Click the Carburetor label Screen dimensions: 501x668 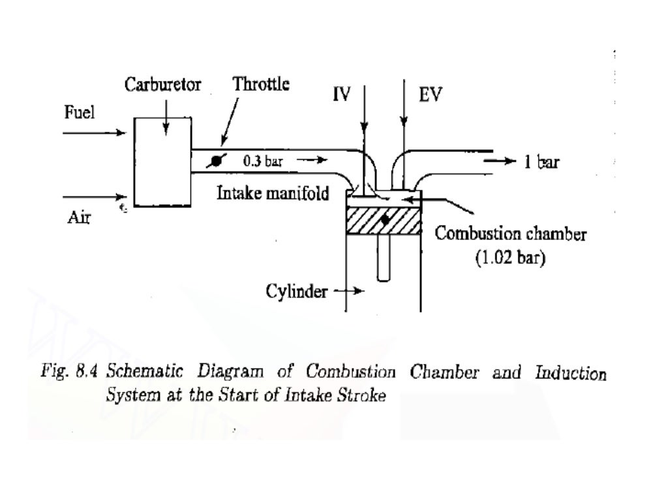point(163,85)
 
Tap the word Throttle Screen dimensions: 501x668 point(261,85)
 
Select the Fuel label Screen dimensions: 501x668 point(78,113)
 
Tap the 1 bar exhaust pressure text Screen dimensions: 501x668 point(541,163)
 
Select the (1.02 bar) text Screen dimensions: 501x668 point(511,257)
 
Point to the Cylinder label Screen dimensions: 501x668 point(296,292)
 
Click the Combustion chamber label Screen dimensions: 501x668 point(510,234)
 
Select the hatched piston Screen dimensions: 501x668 point(365,221)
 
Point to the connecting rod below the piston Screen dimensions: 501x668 point(384,258)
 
